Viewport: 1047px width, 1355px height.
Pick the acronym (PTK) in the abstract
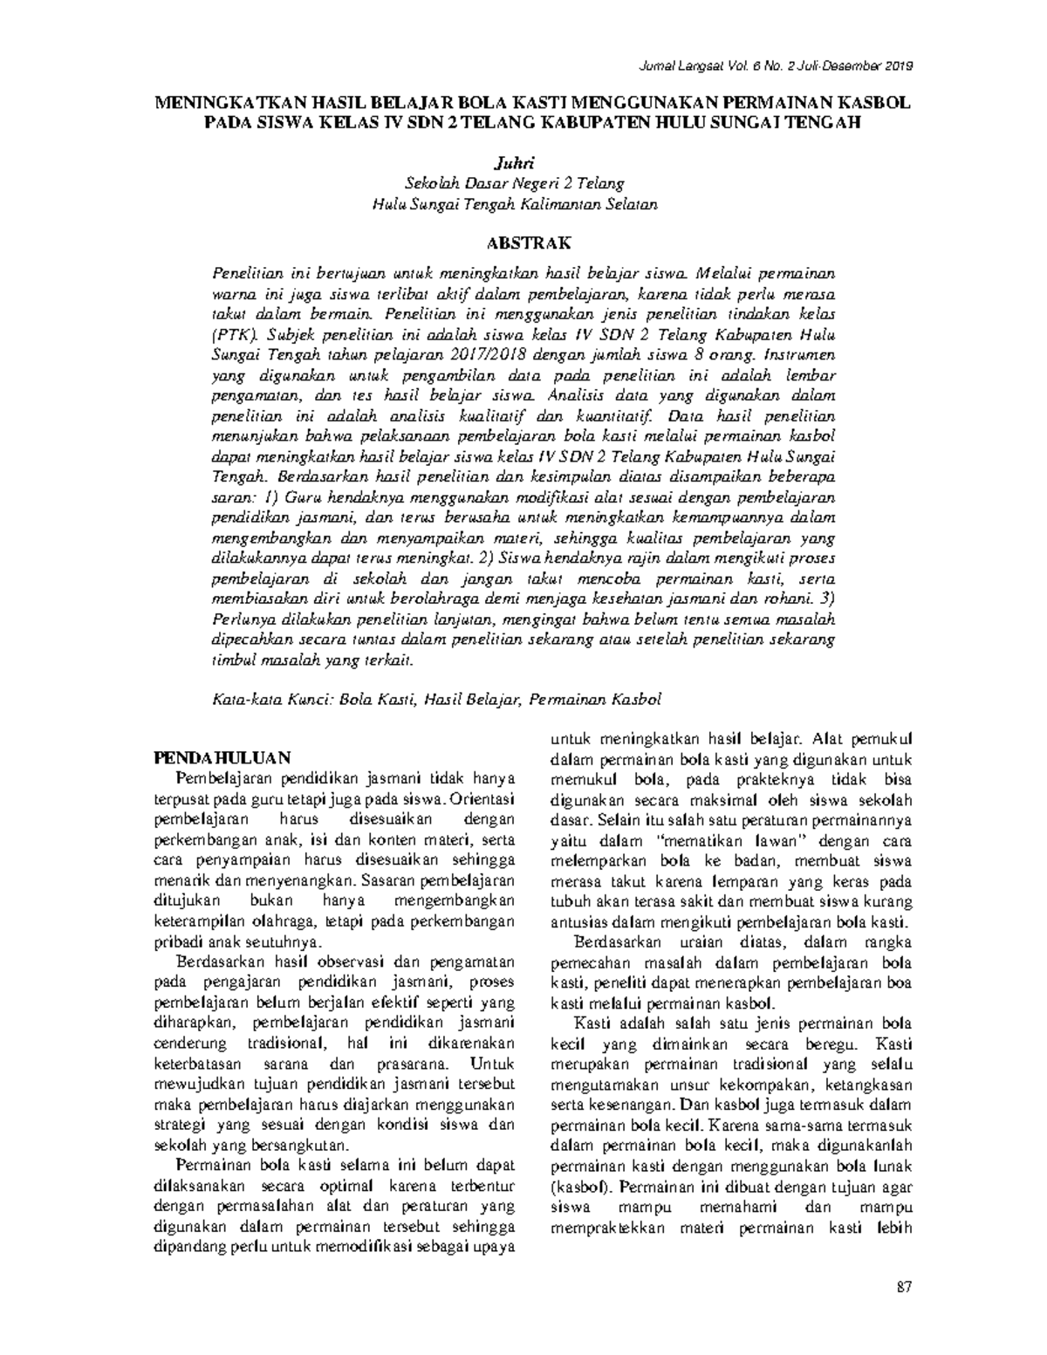coord(235,335)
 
